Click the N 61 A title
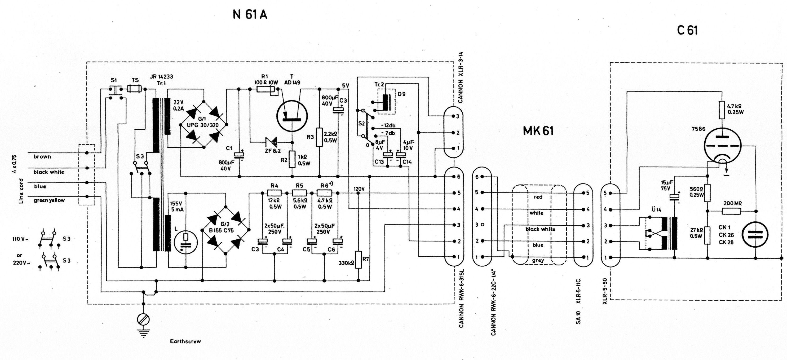250,15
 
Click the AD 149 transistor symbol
292,116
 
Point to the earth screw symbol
143,320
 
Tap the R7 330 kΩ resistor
358,260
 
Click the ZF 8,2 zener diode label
273,151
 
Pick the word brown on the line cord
42,156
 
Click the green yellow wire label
49,200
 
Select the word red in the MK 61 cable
538,197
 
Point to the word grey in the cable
538,261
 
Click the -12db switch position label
388,126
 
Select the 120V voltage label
359,189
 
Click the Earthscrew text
185,341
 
